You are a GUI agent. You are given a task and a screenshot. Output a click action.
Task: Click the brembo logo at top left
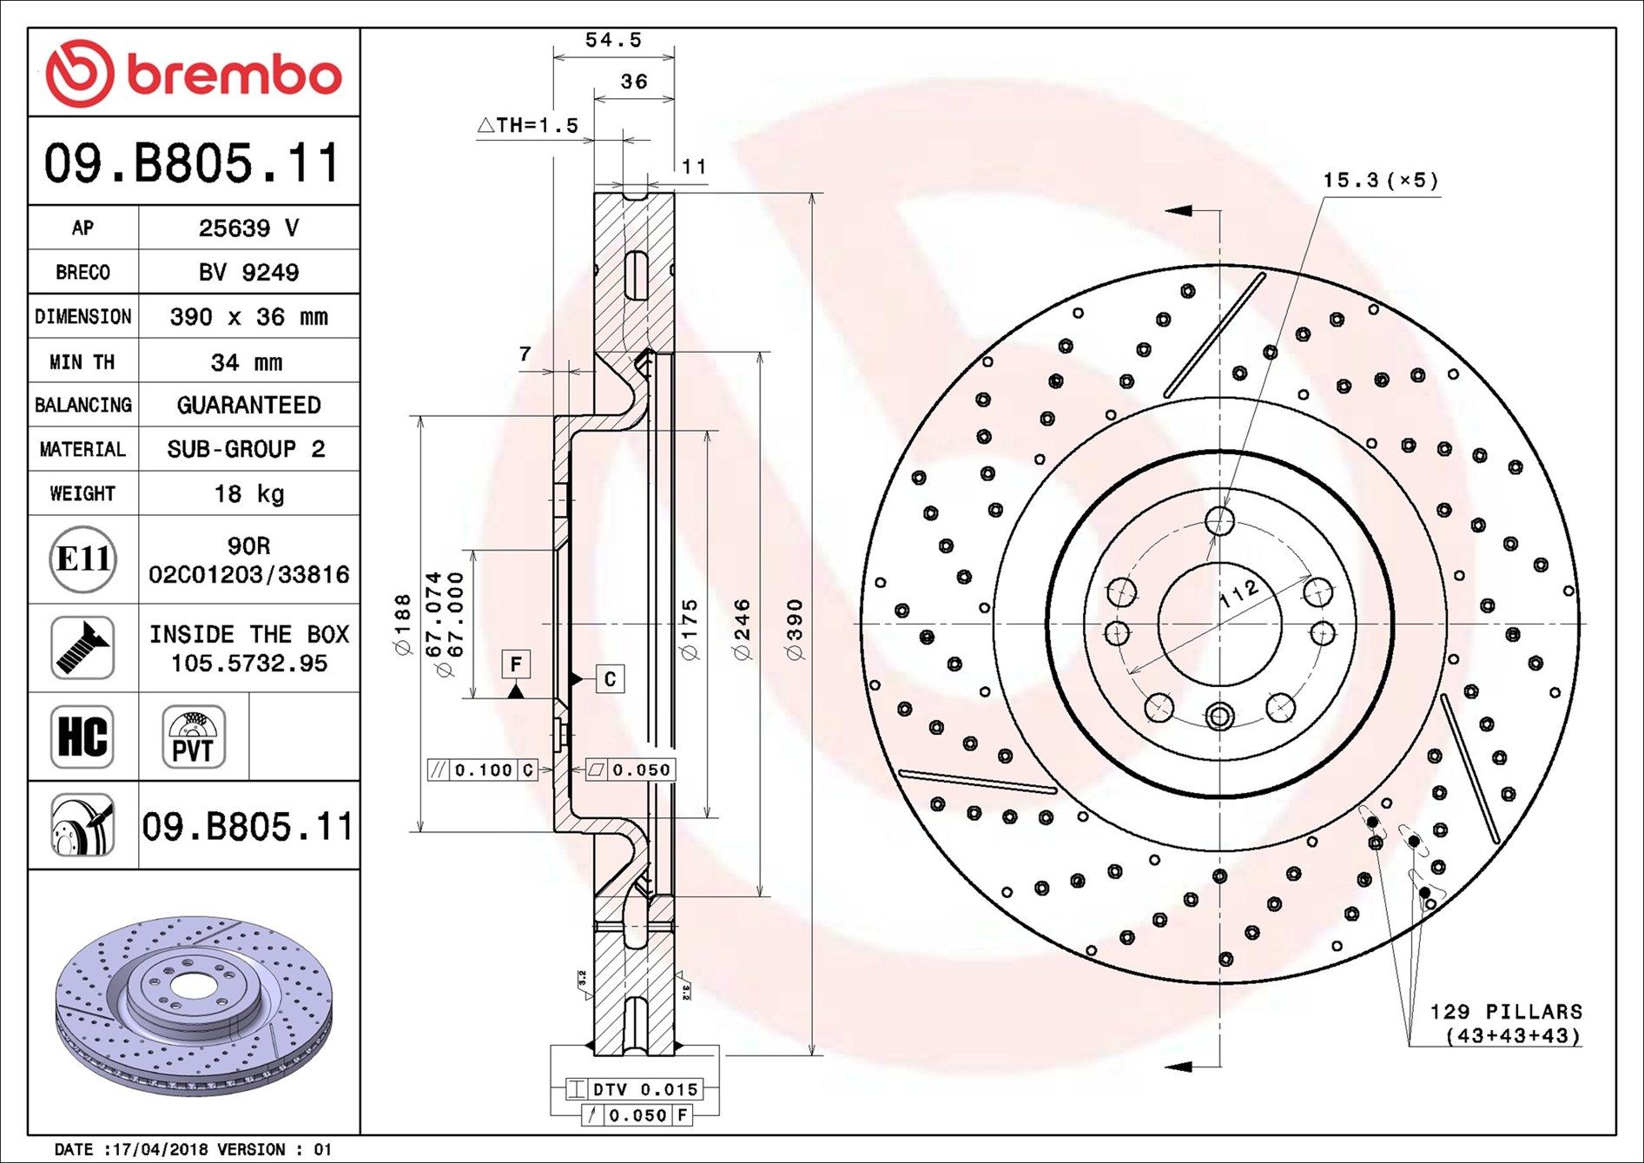pos(193,73)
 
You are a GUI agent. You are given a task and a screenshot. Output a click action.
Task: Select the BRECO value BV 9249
pos(248,273)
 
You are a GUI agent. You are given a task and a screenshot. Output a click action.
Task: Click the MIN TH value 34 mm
pos(247,362)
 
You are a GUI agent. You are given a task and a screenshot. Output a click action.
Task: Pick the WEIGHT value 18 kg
pos(248,494)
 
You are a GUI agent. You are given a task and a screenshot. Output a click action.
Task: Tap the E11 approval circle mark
pos(83,558)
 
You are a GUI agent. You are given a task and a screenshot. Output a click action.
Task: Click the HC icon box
pos(83,737)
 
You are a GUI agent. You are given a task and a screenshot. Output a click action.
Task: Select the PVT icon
pos(193,737)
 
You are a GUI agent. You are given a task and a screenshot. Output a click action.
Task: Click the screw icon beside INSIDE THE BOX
pos(83,648)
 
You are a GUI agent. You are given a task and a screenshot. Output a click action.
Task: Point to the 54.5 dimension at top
pos(613,40)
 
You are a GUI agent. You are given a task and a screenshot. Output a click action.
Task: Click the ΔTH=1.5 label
pos(528,125)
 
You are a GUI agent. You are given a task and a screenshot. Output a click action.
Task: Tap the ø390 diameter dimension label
pos(796,629)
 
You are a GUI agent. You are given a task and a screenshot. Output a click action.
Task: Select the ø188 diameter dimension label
pos(403,624)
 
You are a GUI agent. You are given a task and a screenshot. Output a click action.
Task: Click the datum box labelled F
pos(516,664)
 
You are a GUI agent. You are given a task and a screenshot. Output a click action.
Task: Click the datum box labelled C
pos(610,678)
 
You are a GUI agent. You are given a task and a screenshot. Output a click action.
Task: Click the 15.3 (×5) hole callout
pos(1380,181)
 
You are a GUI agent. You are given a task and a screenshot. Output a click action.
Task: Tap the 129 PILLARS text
pos(1506,1012)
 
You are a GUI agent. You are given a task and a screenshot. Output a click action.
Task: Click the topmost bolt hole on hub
pos(1219,521)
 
